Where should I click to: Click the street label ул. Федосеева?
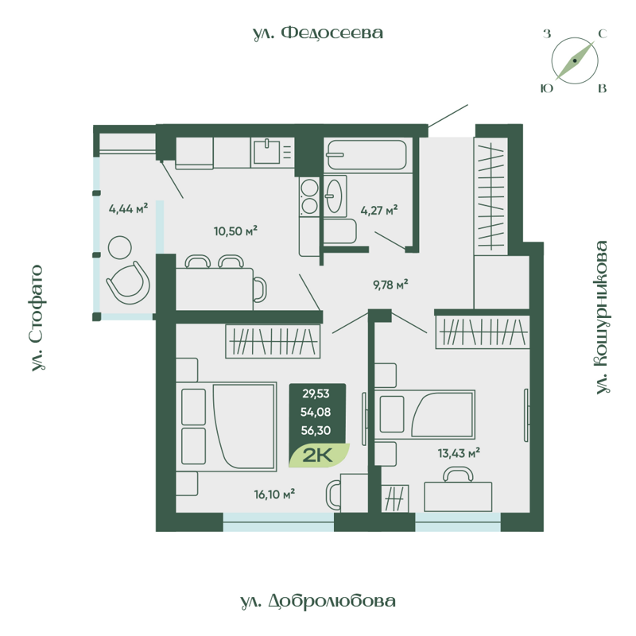318,33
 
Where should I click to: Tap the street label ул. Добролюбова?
317,601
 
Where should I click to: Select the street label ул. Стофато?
37,318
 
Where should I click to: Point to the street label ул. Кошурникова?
602,317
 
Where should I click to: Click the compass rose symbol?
574,61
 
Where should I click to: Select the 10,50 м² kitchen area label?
235,231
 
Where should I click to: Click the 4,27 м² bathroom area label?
378,211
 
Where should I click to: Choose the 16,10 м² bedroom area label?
274,494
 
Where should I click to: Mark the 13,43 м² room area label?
459,453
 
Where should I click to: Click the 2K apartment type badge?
320,456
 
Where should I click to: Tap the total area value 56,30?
316,430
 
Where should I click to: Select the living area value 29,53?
316,392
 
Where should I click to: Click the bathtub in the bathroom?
367,155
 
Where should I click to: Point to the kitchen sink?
268,150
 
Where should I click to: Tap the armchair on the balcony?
128,281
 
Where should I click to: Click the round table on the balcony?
122,247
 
